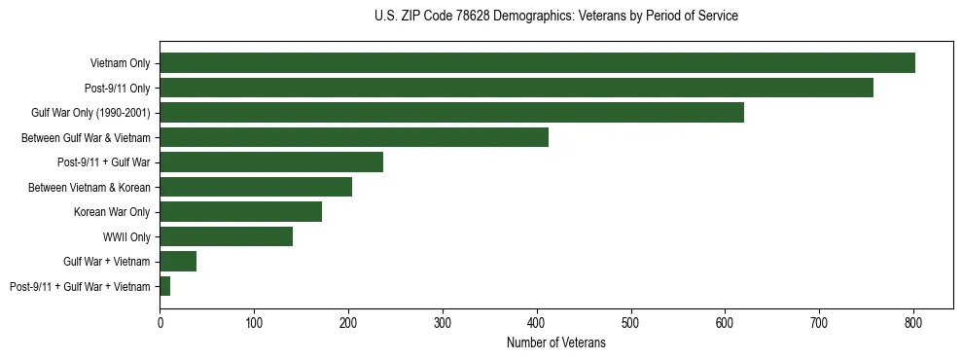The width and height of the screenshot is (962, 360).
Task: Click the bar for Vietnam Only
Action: coord(537,63)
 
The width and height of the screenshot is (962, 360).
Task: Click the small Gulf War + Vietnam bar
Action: coord(178,261)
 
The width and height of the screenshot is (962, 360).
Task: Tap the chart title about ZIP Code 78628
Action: coord(555,17)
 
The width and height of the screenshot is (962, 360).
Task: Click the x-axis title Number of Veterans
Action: coord(555,343)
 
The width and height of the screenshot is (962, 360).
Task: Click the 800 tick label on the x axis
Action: coord(913,322)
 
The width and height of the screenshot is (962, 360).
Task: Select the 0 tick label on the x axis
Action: coord(160,322)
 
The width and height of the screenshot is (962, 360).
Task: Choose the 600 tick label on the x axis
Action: coord(725,322)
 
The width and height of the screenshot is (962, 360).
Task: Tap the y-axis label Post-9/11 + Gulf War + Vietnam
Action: coord(80,286)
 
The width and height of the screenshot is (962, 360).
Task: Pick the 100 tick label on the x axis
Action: coord(254,322)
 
